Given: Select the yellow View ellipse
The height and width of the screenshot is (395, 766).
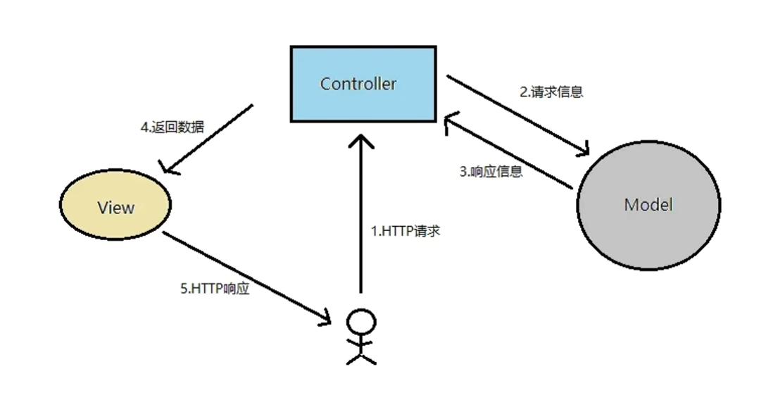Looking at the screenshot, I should pyautogui.click(x=115, y=206).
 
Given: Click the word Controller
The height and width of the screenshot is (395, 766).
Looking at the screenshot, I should pyautogui.click(x=358, y=84).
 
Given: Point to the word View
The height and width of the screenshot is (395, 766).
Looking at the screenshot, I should pyautogui.click(x=115, y=208).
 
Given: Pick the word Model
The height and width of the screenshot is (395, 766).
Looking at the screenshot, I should pyautogui.click(x=648, y=205).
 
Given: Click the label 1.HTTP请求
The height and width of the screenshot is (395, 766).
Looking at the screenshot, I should pyautogui.click(x=405, y=231).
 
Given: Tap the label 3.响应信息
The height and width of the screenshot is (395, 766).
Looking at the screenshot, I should pyautogui.click(x=491, y=171).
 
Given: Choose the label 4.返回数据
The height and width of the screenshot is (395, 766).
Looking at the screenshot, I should pyautogui.click(x=172, y=127).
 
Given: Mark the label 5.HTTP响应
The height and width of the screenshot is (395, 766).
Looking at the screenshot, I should pyautogui.click(x=215, y=289).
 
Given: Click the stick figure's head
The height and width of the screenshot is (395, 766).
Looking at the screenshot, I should pyautogui.click(x=361, y=323).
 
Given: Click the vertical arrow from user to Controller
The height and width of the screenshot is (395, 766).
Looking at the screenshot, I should pyautogui.click(x=361, y=218).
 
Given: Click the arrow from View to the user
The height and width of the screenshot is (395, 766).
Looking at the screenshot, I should pyautogui.click(x=246, y=277).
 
